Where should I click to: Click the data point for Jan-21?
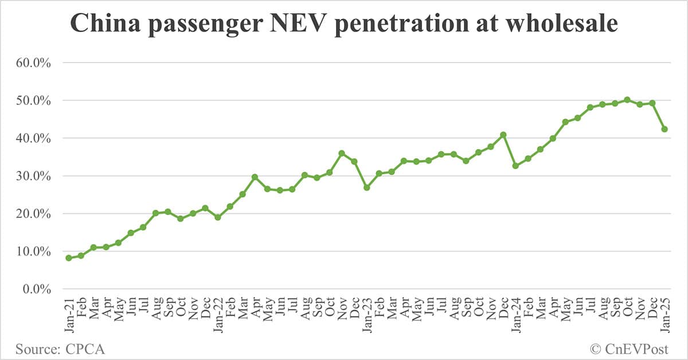69,258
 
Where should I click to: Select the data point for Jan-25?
664,129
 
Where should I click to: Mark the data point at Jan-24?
515,166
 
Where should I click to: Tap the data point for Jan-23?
366,187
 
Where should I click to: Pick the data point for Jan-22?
218,217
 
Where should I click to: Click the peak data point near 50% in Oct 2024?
627,100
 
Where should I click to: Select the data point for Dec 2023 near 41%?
503,135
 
